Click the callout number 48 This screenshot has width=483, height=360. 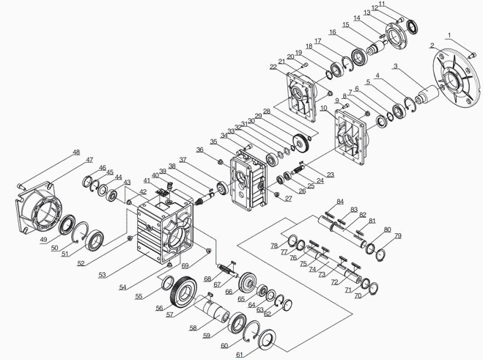[x=76, y=153]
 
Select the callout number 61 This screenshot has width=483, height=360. [x=240, y=355]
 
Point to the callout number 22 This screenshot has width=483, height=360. [x=273, y=67]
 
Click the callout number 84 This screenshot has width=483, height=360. [x=339, y=201]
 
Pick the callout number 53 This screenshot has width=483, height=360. [x=103, y=274]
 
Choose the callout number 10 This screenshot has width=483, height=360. [x=323, y=108]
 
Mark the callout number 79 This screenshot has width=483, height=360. [x=398, y=235]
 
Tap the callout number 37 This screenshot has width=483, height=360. [x=182, y=159]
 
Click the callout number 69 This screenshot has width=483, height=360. [x=185, y=265]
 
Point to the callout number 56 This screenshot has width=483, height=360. [x=159, y=309]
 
